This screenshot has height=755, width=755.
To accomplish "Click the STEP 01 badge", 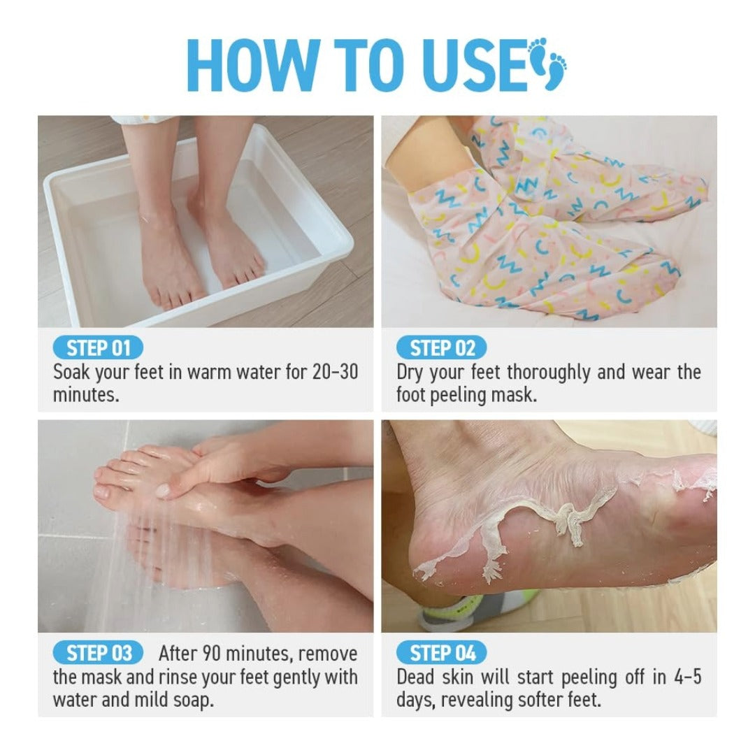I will pyautogui.click(x=98, y=348).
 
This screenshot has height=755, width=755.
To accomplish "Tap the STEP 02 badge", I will pyautogui.click(x=442, y=348).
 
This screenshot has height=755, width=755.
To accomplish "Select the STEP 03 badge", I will pyautogui.click(x=98, y=654).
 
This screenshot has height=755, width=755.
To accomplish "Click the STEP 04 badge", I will pyautogui.click(x=442, y=654).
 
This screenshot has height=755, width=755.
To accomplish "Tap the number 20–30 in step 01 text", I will pyautogui.click(x=334, y=372).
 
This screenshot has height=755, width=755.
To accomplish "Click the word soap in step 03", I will pyautogui.click(x=189, y=700).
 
